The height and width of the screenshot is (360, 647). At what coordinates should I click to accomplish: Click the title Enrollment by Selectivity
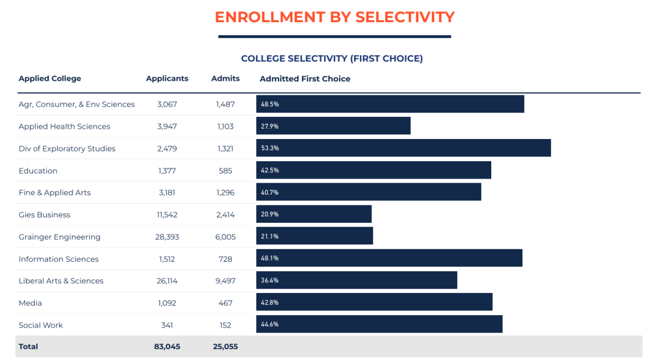click(334, 17)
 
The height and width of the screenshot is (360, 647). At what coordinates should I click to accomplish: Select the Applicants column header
click(167, 78)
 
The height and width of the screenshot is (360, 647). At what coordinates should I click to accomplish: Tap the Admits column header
click(225, 78)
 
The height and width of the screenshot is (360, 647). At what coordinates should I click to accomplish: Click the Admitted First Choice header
click(305, 78)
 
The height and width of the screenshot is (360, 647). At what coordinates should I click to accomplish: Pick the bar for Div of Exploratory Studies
click(403, 148)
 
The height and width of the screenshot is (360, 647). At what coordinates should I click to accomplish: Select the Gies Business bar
click(314, 214)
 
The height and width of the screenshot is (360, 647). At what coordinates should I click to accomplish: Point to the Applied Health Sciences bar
click(333, 126)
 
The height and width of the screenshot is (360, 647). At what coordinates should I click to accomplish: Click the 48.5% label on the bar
click(270, 104)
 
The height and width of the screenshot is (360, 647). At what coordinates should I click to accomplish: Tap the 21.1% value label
click(270, 237)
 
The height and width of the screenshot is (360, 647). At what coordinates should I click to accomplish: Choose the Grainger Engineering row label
click(59, 237)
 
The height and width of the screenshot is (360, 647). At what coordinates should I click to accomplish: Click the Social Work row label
click(41, 325)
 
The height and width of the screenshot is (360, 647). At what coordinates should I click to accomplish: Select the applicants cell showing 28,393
click(167, 237)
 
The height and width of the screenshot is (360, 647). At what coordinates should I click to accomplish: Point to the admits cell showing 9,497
click(225, 281)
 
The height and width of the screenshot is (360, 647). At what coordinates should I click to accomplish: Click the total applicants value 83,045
click(167, 346)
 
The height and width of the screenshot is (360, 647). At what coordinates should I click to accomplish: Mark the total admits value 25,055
click(225, 346)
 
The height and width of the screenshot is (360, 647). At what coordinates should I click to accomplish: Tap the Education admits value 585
click(225, 171)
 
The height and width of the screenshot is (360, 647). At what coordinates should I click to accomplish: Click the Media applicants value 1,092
click(167, 303)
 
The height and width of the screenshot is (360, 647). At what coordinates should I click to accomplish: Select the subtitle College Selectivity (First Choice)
click(331, 59)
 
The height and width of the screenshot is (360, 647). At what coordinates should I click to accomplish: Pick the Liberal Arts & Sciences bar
click(356, 280)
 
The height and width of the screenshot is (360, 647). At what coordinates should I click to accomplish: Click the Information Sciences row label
click(59, 259)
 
